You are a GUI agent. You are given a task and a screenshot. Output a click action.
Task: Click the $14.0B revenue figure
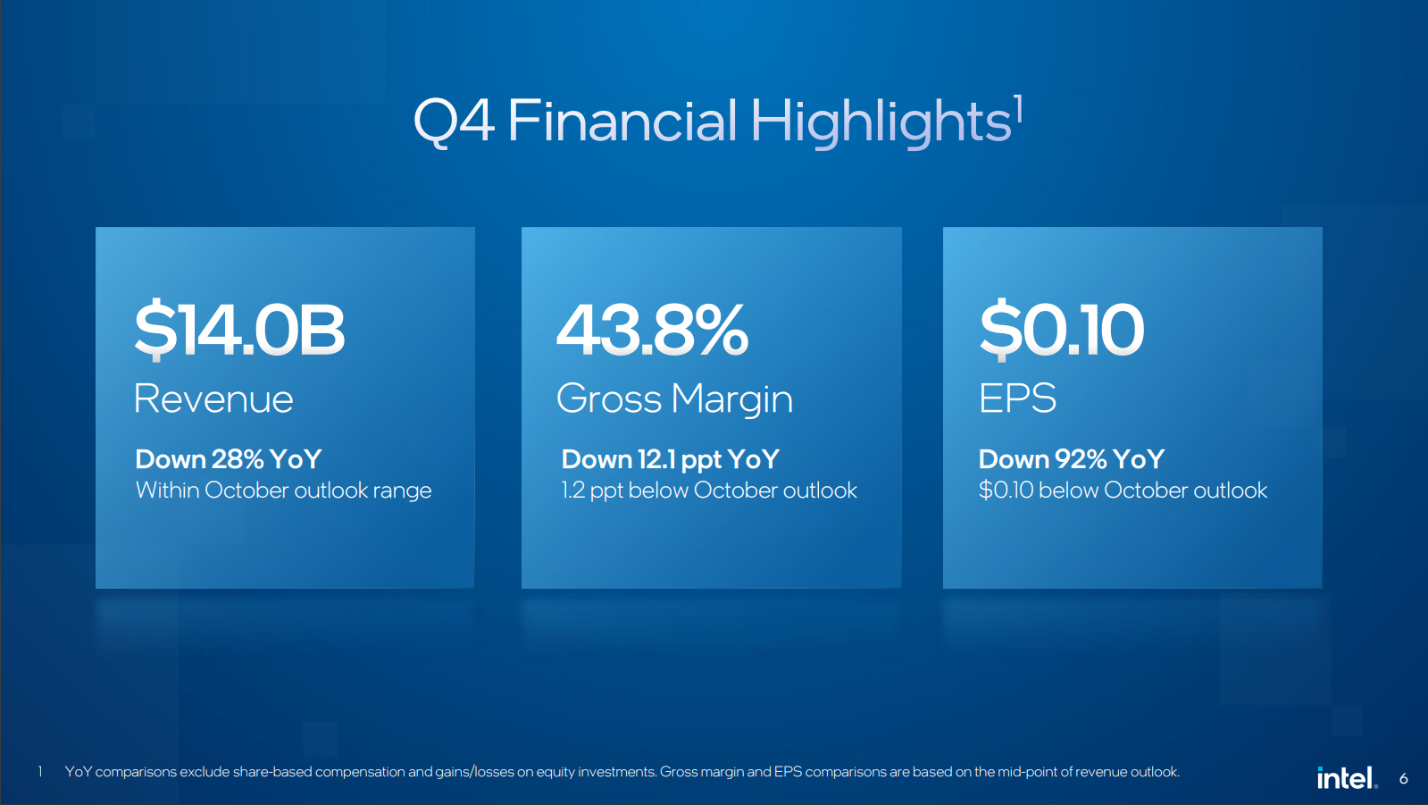click(x=239, y=330)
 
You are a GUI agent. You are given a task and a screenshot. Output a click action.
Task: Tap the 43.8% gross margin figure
click(x=652, y=330)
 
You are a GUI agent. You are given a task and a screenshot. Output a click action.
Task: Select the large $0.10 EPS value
click(x=1062, y=330)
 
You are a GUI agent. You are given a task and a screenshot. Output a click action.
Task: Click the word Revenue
click(x=213, y=398)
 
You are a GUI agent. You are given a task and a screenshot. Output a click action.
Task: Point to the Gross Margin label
click(x=674, y=400)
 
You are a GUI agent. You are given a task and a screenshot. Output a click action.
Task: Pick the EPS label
click(x=1017, y=398)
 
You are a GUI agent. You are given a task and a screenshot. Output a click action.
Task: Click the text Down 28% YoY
click(x=229, y=459)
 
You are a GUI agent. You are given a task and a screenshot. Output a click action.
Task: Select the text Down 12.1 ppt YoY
click(x=670, y=460)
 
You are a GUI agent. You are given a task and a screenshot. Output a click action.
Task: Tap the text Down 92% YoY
click(x=1072, y=459)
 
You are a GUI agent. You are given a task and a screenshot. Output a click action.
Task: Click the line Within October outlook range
click(x=284, y=491)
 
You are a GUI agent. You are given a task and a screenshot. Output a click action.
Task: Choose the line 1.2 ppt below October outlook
click(x=709, y=491)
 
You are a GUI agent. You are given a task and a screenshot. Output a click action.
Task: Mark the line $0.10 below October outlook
click(x=1123, y=491)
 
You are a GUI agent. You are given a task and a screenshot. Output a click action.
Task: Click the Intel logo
click(x=1347, y=777)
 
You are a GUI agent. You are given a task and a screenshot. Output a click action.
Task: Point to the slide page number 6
click(x=1403, y=778)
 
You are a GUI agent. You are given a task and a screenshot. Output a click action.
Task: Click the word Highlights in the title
click(x=881, y=122)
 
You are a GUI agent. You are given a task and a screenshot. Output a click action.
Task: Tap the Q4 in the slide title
click(x=454, y=121)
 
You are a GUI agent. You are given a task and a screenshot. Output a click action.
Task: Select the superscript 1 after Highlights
click(x=1019, y=108)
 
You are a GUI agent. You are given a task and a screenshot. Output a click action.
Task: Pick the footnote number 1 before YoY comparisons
click(x=40, y=772)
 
